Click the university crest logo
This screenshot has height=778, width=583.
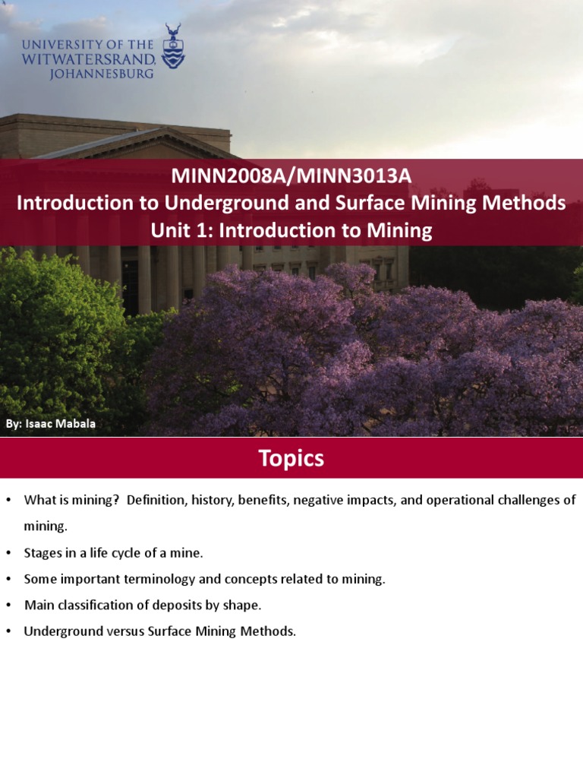point(173,46)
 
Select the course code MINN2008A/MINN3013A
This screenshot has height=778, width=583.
point(291,177)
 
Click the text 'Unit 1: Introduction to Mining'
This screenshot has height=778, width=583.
point(291,231)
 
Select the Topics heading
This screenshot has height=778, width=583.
point(291,458)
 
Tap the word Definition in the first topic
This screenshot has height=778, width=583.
point(156,500)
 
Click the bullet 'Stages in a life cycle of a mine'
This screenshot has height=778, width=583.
point(113,552)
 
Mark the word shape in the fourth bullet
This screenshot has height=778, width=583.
point(244,606)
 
